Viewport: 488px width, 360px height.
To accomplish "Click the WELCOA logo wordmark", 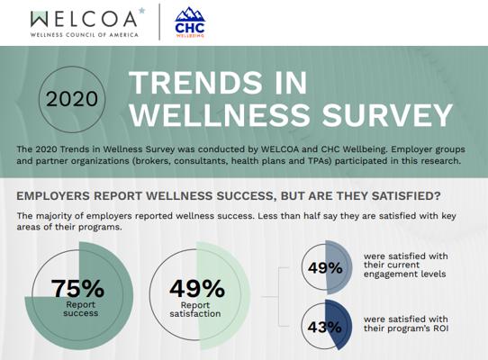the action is click(84, 19).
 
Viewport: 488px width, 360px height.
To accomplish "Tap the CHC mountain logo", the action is click(190, 22).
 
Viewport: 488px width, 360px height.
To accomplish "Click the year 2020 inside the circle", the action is click(72, 99).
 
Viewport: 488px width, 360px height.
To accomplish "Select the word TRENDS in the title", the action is click(194, 82).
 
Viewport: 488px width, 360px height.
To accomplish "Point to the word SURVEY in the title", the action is click(387, 115).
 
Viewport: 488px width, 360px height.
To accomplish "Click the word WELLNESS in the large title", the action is click(220, 115).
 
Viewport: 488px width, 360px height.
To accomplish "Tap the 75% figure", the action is click(77, 288).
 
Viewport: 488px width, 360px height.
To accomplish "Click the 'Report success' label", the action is click(81, 309).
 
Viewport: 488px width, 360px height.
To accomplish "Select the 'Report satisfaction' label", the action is click(195, 310).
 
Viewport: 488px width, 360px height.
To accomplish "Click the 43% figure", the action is click(325, 327).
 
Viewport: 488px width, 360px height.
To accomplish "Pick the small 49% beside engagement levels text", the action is click(325, 268).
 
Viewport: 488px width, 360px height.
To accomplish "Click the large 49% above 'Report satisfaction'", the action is click(197, 289).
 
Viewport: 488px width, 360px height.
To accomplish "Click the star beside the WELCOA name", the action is click(141, 11).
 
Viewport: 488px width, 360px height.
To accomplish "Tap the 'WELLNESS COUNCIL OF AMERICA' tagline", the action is click(85, 35).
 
